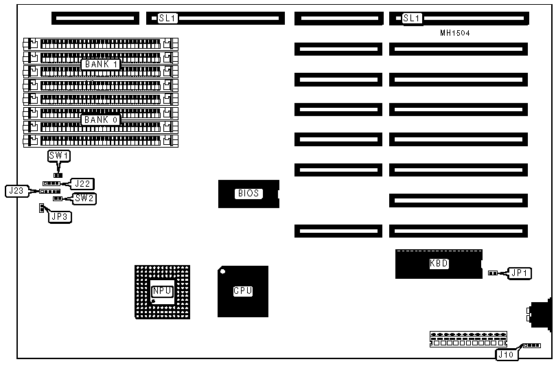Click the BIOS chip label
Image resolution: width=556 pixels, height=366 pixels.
point(248,194)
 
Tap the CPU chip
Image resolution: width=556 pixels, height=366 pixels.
point(243,291)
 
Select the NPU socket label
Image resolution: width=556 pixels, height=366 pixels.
point(162,291)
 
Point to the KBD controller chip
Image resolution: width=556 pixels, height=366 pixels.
point(439,264)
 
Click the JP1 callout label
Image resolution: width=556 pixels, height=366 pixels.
point(518,273)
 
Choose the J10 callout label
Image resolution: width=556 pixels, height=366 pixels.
point(506,354)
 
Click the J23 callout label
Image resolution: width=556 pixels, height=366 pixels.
point(16,191)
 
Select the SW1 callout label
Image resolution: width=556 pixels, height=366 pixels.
point(59,156)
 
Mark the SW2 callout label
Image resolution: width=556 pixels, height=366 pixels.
point(84,198)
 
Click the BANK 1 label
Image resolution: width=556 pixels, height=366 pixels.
point(101,64)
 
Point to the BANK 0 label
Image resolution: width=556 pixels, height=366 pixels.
point(101,120)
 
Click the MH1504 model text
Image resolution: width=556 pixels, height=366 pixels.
point(455,33)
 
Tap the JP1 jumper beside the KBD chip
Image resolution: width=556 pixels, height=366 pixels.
point(492,273)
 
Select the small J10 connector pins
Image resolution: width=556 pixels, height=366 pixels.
point(531,346)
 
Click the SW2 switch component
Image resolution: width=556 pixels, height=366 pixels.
point(58,198)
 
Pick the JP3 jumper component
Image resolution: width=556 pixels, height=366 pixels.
point(41,207)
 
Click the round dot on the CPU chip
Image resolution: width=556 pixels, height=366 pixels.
point(222,271)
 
